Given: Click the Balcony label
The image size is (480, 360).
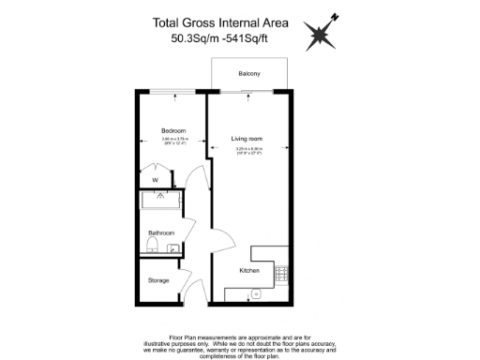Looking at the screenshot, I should (x=248, y=73).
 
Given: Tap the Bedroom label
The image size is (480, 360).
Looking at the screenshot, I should (x=173, y=130).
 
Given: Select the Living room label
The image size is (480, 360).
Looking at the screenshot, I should (x=247, y=140).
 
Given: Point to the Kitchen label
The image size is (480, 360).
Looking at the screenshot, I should (x=248, y=271).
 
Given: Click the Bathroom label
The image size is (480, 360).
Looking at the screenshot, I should (x=160, y=232).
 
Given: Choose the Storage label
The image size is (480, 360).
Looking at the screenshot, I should (x=158, y=280).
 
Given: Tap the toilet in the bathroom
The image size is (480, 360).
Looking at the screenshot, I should (x=151, y=246).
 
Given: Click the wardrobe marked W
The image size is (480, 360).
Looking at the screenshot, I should (x=155, y=178).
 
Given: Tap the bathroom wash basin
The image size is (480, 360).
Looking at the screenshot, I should (x=173, y=247).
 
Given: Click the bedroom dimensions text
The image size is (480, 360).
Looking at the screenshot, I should (x=173, y=142).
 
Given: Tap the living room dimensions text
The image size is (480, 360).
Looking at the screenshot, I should (x=247, y=149).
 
